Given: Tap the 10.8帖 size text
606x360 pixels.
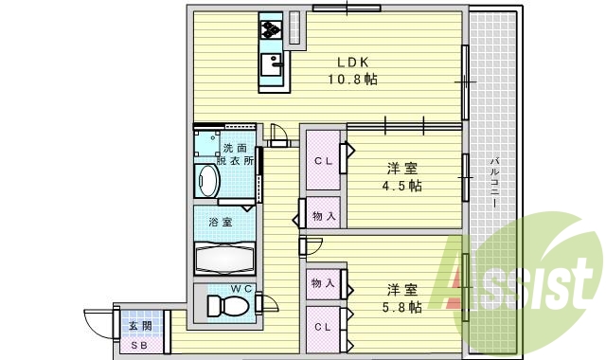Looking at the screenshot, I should (352, 81).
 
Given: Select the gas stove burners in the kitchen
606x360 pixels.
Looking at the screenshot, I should (272, 29).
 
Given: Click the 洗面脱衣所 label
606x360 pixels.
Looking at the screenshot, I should (237, 155).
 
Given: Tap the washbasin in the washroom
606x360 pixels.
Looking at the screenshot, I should (207, 180).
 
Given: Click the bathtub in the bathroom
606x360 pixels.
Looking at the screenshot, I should (223, 257).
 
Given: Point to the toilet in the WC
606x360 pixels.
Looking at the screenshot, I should (226, 305).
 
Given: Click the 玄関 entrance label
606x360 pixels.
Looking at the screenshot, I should (139, 327).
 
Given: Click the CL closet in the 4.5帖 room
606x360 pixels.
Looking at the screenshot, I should (323, 160).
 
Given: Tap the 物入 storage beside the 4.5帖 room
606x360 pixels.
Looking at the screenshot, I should (323, 216).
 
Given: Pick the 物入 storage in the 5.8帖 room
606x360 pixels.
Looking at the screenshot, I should (323, 282).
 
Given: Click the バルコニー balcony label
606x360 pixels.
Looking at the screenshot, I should (494, 182).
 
